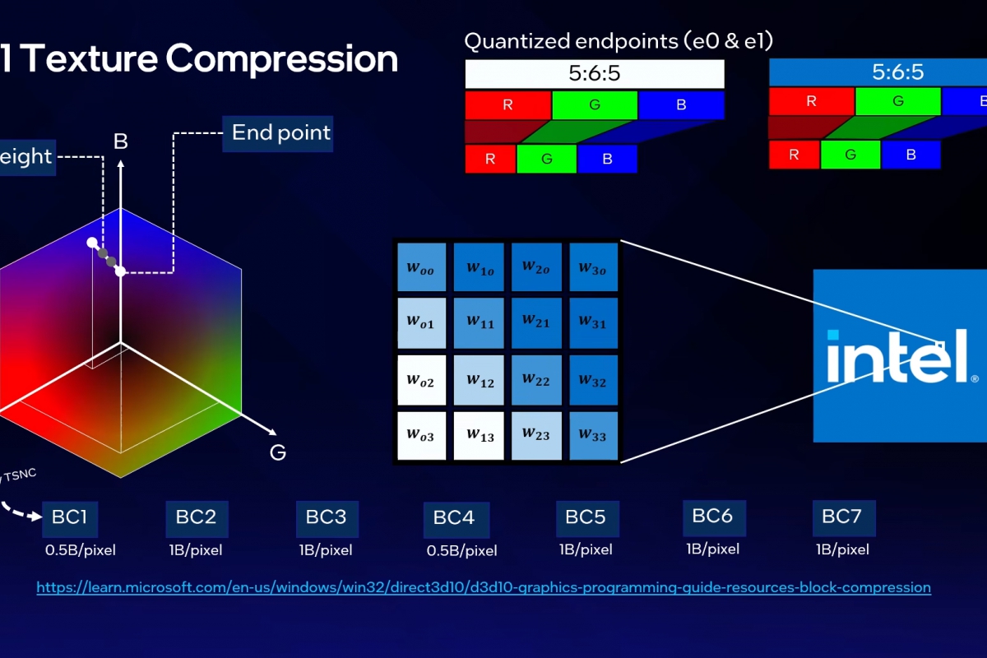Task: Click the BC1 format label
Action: point(70,517)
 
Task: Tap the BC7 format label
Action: point(842,517)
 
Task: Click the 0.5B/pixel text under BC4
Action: point(461,550)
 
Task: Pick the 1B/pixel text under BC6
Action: point(712,549)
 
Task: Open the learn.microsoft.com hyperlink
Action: point(484,587)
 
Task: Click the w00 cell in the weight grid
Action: point(421,266)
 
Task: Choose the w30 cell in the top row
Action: point(593,266)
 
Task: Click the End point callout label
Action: point(280,133)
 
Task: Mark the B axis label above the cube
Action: point(121,141)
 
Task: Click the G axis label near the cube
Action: point(278,452)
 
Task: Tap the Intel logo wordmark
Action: point(897,355)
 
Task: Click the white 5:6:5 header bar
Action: point(594,74)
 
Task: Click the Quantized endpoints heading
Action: point(619,41)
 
